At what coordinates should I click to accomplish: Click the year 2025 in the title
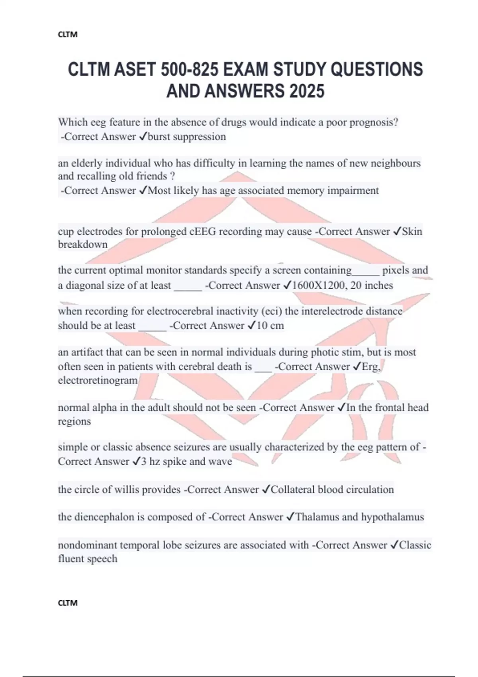pyautogui.click(x=307, y=91)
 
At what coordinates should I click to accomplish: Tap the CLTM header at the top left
pyautogui.click(x=68, y=35)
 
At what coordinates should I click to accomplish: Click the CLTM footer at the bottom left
pyautogui.click(x=68, y=603)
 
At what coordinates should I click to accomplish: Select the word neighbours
pyautogui.click(x=396, y=163)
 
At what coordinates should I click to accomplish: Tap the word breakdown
pyautogui.click(x=83, y=245)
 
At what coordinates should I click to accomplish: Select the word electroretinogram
pyautogui.click(x=98, y=380)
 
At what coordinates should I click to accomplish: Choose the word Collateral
pyautogui.click(x=293, y=489)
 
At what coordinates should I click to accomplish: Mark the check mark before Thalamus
pyautogui.click(x=290, y=517)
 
